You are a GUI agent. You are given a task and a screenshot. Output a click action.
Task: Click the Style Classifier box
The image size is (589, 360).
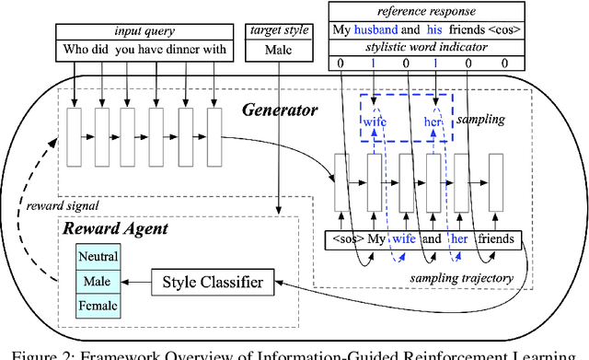[x=213, y=282]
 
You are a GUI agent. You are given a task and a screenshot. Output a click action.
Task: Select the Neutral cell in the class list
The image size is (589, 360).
[x=98, y=257]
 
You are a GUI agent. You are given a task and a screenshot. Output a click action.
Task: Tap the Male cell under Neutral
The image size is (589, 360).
[x=98, y=280]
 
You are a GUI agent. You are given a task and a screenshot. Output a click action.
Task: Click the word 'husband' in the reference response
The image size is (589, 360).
[x=375, y=29]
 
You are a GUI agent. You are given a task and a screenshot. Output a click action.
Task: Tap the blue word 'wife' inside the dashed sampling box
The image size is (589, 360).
[x=375, y=120]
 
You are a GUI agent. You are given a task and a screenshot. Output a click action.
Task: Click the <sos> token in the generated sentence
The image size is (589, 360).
[x=348, y=240]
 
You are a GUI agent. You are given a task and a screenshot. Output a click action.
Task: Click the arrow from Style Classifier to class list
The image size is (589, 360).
[x=138, y=281]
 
